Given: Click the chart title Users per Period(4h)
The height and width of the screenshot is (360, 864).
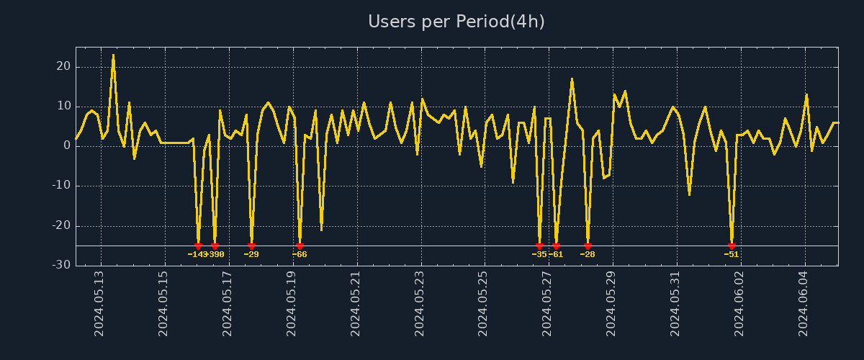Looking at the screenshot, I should point(456,22).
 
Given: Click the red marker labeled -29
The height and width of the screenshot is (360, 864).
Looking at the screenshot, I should point(251,246).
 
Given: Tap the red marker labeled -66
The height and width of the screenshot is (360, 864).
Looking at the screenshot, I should point(300,246).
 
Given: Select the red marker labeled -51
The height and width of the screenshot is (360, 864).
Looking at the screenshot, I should point(732,246).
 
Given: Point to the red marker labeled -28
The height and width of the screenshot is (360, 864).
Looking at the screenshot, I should point(588,246).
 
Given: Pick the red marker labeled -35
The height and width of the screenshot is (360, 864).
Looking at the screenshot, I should point(539,246).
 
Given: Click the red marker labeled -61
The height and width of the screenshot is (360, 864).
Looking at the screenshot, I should point(556,246).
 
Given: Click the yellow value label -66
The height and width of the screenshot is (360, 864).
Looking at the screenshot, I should point(300,254).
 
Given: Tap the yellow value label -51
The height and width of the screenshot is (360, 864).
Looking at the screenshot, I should point(732,254).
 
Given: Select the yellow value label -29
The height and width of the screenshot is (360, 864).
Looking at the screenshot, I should point(251,254).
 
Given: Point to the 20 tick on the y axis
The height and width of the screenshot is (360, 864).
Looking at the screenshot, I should point(63,66).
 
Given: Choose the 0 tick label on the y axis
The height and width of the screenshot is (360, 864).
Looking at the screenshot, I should point(67,145).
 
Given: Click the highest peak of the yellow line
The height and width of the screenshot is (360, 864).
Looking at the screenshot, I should point(113,55).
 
